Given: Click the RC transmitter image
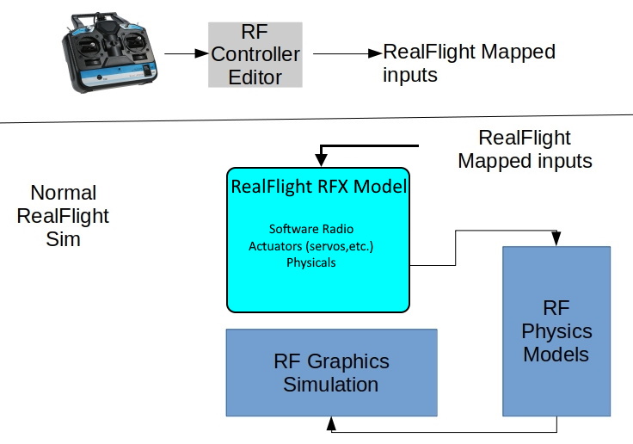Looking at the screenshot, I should [x=111, y=53].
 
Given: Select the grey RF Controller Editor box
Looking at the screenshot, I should [x=256, y=55].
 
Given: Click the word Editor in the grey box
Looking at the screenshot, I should [x=256, y=77].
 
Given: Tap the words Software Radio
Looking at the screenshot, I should [x=310, y=229].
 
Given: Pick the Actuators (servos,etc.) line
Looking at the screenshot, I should [x=310, y=245].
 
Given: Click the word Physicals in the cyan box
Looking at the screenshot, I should [x=310, y=262].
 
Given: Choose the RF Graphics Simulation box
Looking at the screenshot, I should [x=331, y=373].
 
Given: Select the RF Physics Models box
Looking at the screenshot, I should [x=556, y=330].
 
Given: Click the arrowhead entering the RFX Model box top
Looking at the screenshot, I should [x=321, y=161].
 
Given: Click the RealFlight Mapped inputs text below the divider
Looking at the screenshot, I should [x=525, y=149].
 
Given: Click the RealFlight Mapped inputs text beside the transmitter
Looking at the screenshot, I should [x=469, y=63].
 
